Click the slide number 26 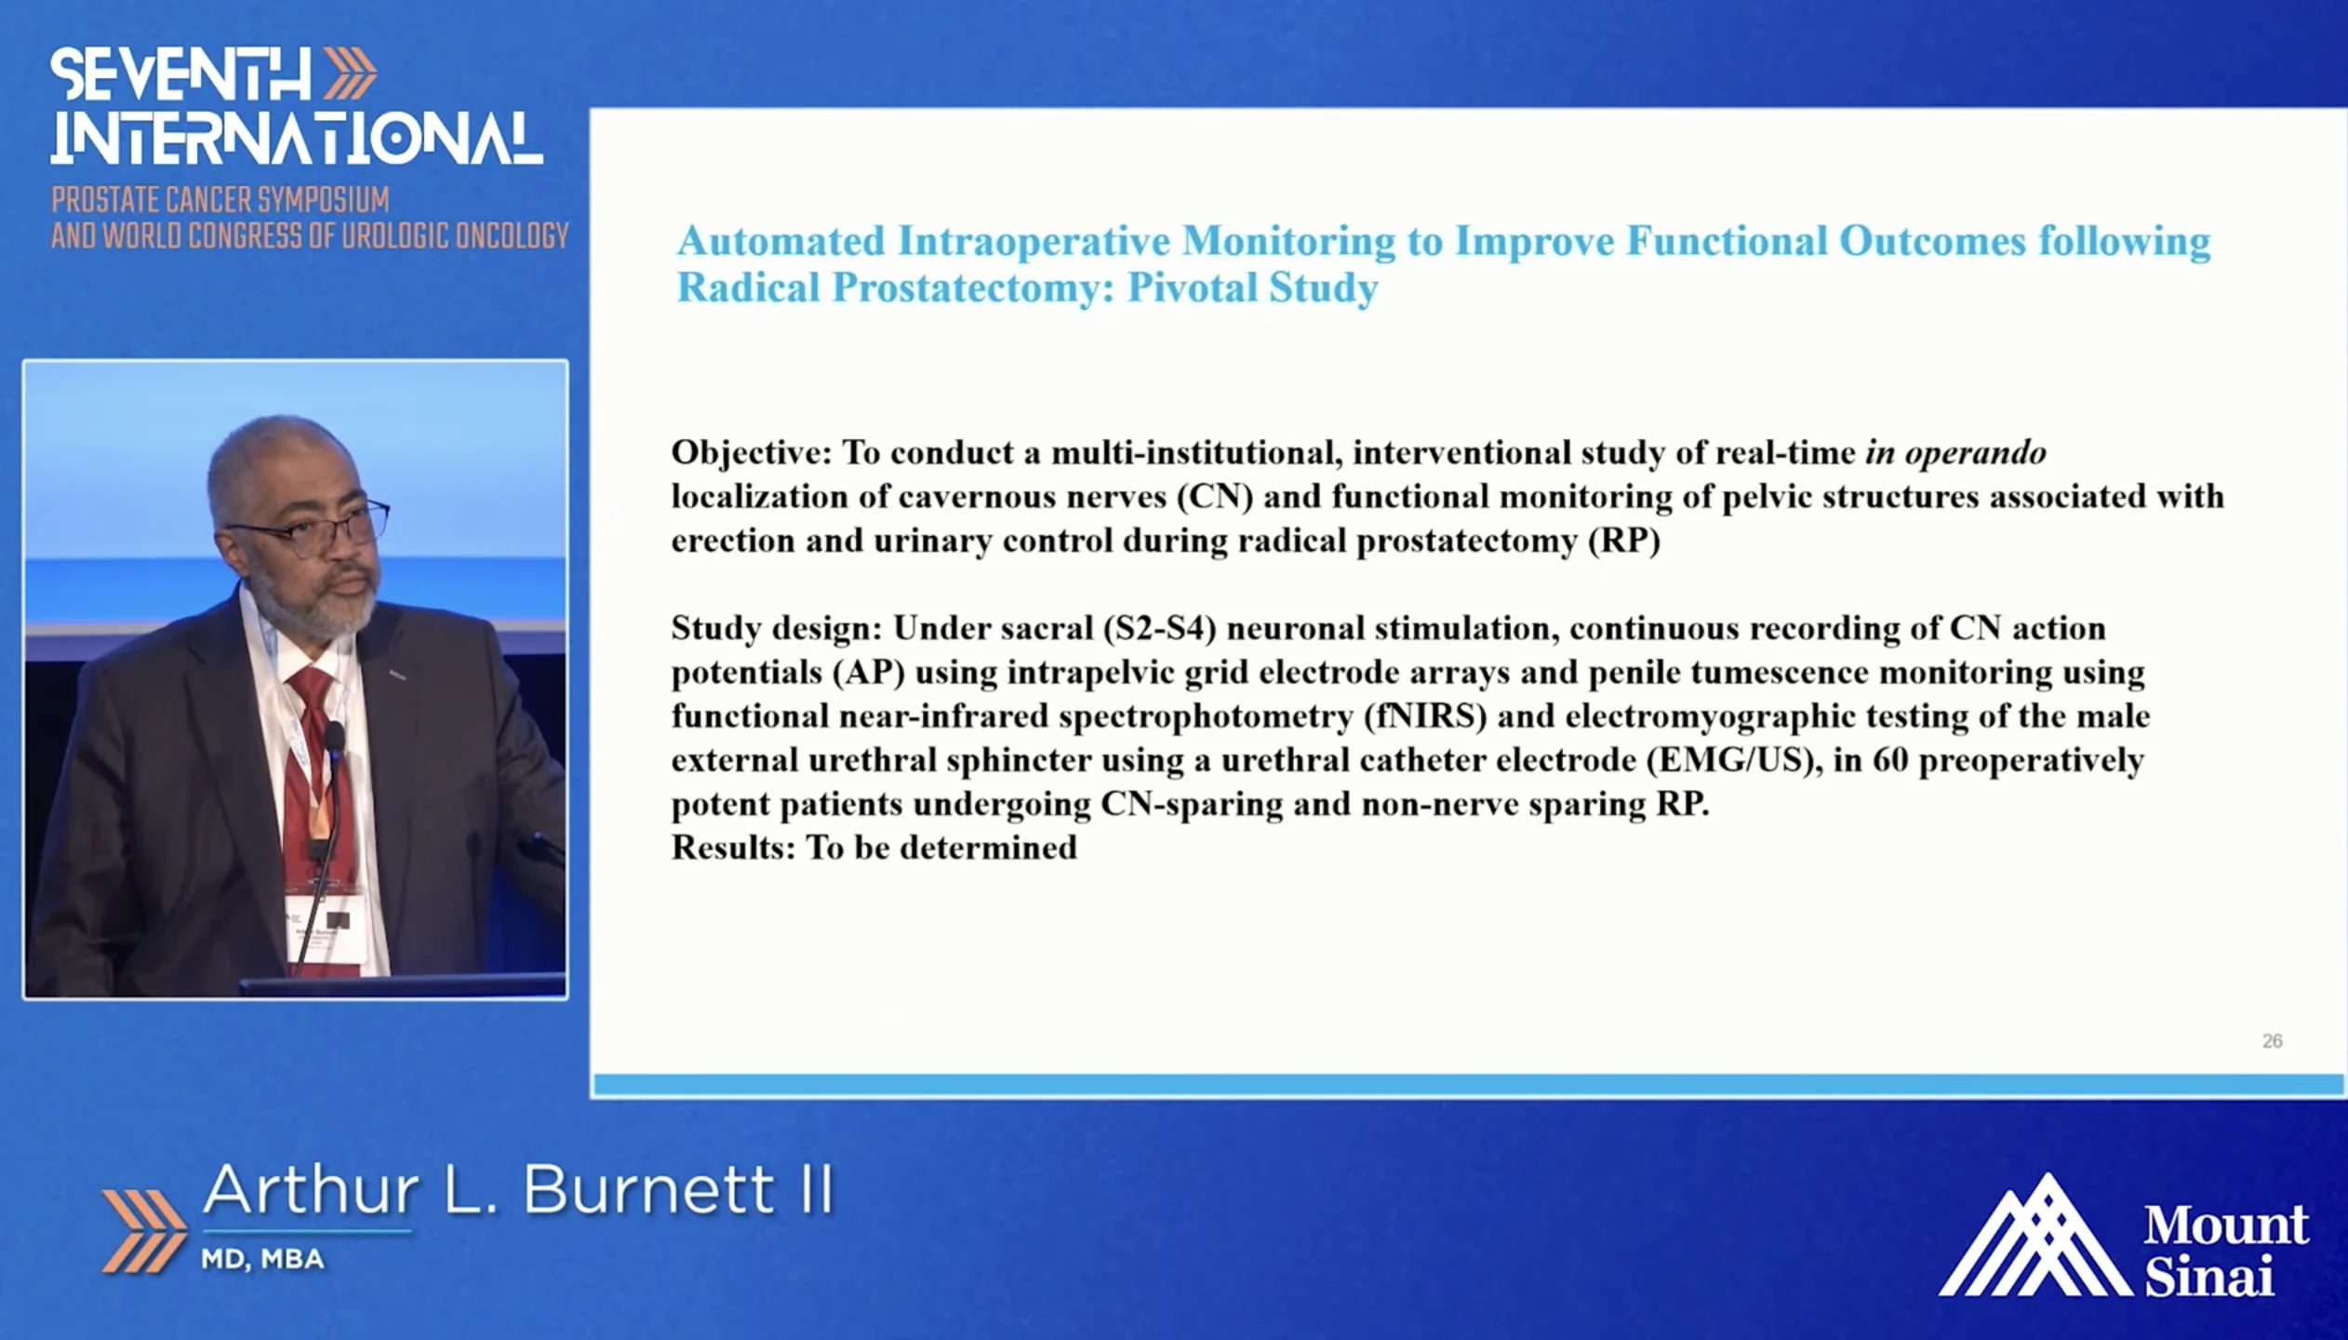click(x=2272, y=1041)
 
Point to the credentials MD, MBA click(x=262, y=1259)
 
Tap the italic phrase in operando click(x=1955, y=453)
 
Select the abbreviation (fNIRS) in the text click(x=1424, y=717)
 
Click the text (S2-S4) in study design click(x=1159, y=628)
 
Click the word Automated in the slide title click(x=781, y=241)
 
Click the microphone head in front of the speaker click(x=334, y=739)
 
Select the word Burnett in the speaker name click(x=648, y=1189)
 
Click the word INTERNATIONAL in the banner click(x=297, y=140)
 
